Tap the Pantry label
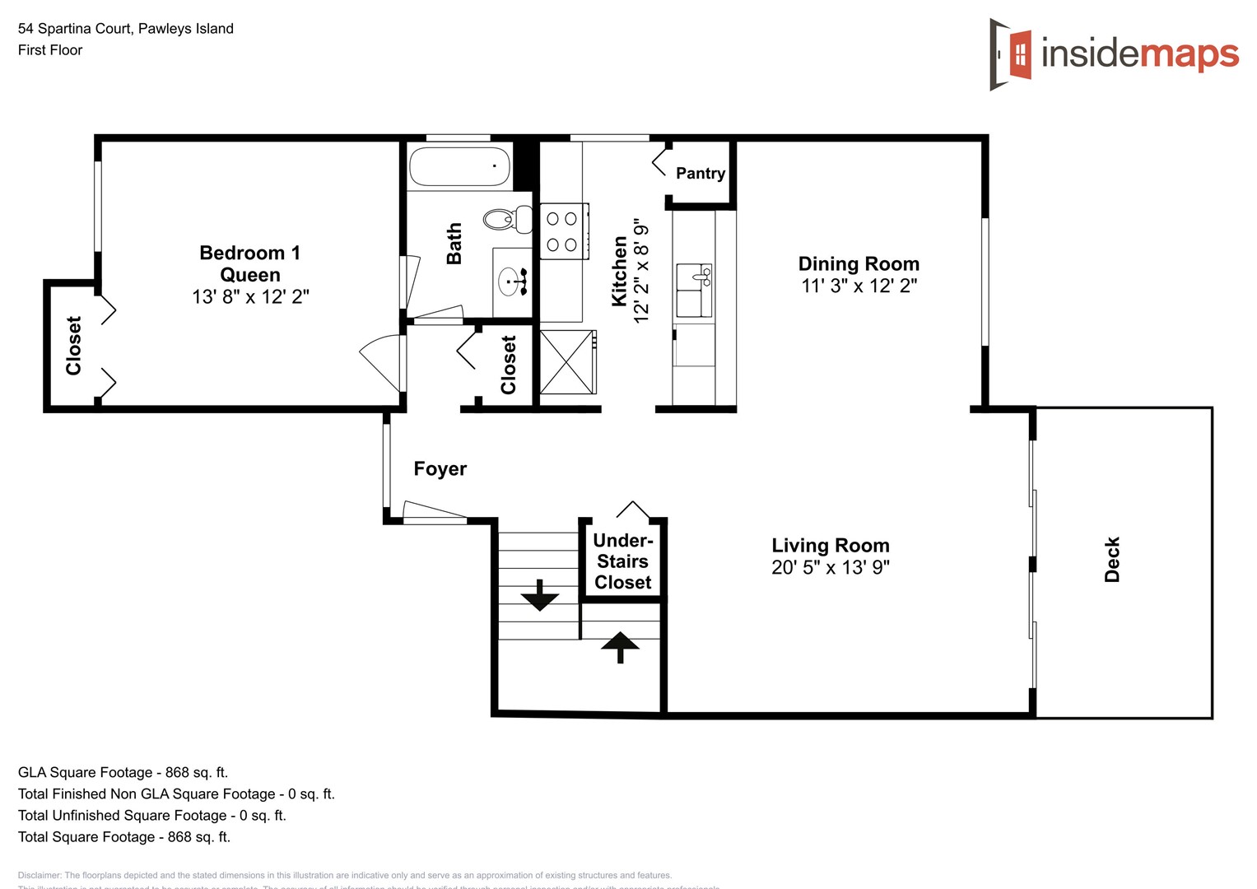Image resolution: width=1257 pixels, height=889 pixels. (x=700, y=173)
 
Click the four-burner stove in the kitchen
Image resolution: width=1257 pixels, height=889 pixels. (x=562, y=231)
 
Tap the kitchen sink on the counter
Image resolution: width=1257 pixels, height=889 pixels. (x=693, y=290)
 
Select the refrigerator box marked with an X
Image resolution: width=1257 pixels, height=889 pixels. (x=567, y=362)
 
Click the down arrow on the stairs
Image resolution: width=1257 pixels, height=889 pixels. (x=539, y=595)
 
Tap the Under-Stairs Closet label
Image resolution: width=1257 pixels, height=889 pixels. (x=622, y=561)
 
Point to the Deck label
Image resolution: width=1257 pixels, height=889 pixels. (x=1112, y=560)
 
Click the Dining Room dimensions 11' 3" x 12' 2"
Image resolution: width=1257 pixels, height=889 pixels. (x=859, y=286)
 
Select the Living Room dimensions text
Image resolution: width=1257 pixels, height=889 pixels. (x=830, y=567)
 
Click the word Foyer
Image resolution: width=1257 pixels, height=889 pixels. (x=440, y=468)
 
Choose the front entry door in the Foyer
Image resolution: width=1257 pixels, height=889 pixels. (x=435, y=514)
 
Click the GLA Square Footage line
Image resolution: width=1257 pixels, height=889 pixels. (x=123, y=772)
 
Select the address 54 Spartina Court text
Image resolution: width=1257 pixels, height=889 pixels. (x=126, y=29)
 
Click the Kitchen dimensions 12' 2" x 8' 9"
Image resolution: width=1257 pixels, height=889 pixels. (x=641, y=270)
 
